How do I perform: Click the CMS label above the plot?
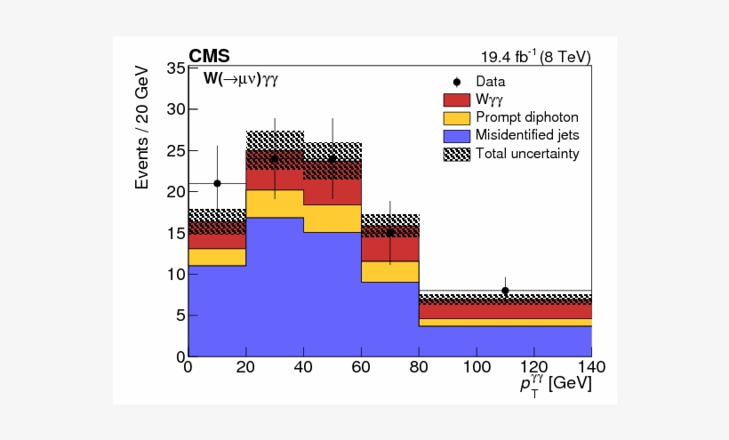pos(209,57)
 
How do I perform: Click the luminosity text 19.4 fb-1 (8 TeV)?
pos(535,58)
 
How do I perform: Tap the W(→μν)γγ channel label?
pos(241,79)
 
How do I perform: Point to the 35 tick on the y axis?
pos(174,68)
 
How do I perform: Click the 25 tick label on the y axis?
pos(174,150)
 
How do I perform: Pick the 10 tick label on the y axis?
pos(174,274)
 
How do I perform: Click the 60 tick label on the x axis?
pos(361,365)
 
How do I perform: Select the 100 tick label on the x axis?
pos(476,365)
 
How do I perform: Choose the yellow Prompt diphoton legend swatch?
pos(455,117)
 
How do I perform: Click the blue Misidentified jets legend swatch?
pos(455,135)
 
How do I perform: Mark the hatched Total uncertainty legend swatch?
pos(455,153)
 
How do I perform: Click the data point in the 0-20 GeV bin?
pos(217,183)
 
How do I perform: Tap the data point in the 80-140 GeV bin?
pos(505,291)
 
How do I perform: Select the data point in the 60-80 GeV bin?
pos(389,233)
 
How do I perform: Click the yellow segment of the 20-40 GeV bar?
pos(275,204)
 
